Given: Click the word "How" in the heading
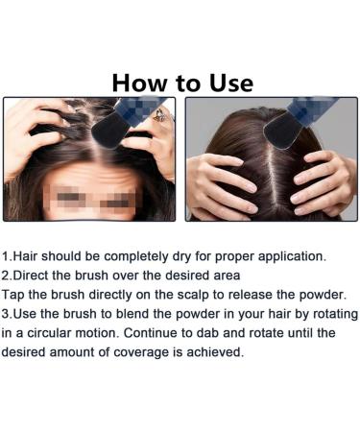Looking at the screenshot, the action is coord(139,84).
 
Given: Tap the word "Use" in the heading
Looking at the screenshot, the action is coord(231,84).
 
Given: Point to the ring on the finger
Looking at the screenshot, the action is coord(159,115).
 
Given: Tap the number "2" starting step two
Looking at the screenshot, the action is coord(6,276).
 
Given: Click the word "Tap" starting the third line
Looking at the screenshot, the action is coord(12,295).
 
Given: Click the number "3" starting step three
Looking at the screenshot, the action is coord(6,314).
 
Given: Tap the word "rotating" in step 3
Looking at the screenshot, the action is coord(335,314).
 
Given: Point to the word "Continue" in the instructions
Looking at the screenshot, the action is coord(150,333).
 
